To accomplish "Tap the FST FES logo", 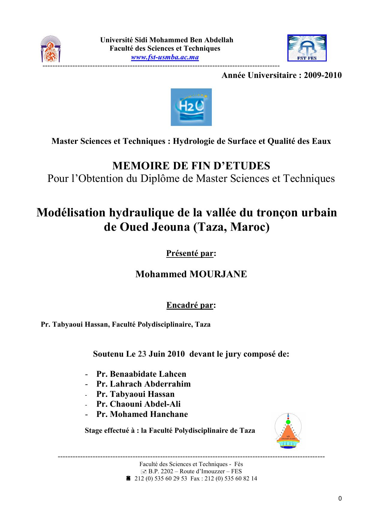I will point(307,48).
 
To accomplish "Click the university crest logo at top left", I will point(51,49).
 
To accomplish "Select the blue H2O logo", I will point(191,107).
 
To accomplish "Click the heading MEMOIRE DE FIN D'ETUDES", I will point(191,165).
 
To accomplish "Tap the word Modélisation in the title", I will point(71,212).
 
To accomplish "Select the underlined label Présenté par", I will point(190,253).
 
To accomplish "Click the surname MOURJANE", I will point(218,274).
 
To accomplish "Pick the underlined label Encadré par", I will point(190,305).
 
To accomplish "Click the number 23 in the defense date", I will point(142,354).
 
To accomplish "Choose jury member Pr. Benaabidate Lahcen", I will point(141,374).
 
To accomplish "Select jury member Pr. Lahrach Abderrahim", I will point(143,384).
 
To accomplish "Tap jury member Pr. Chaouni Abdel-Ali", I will point(138,404).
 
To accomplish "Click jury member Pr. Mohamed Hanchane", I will point(142,414).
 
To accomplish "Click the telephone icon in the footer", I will point(128,478).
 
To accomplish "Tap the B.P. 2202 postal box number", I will point(161,471).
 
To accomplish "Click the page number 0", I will point(340,499).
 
